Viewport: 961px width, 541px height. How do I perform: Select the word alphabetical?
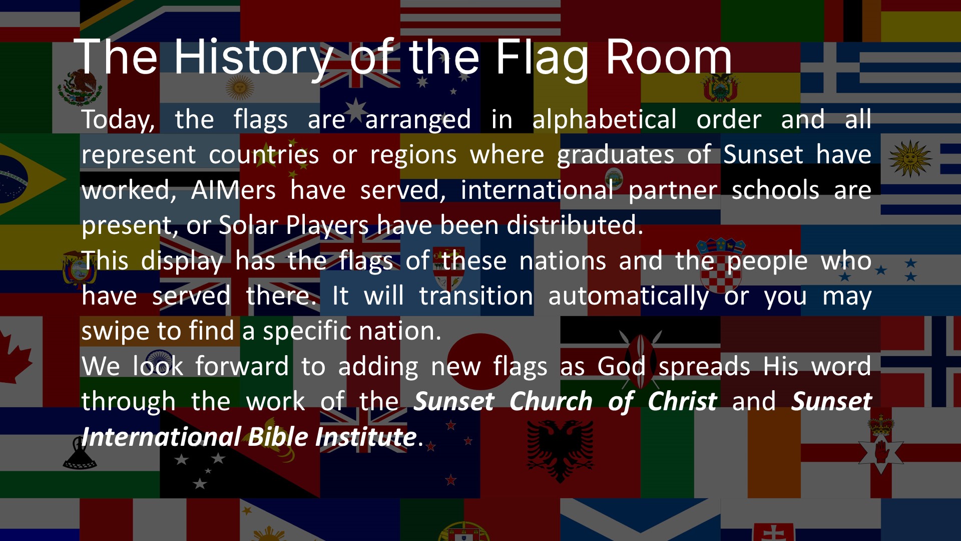pyautogui.click(x=604, y=119)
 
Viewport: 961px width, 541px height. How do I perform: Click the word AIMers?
pyautogui.click(x=233, y=190)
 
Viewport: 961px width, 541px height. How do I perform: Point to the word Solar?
pyautogui.click(x=248, y=225)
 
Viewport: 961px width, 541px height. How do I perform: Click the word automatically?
pyautogui.click(x=629, y=296)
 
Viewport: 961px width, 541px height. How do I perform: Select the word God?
pyautogui.click(x=621, y=366)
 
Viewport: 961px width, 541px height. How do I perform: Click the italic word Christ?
pyautogui.click(x=682, y=402)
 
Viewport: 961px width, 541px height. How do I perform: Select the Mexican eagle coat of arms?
pyautogui.click(x=79, y=88)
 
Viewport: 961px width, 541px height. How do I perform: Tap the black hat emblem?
pyautogui.click(x=80, y=453)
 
